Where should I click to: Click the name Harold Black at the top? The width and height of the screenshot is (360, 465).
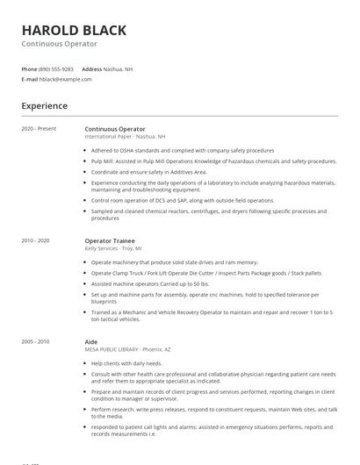(74, 31)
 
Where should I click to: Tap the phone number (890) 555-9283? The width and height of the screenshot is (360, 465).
(56, 68)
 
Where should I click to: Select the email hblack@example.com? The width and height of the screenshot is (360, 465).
(65, 79)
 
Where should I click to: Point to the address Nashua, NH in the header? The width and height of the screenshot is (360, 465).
(119, 68)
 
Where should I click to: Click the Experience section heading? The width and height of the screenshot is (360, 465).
(44, 106)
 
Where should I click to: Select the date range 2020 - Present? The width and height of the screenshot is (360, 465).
(39, 129)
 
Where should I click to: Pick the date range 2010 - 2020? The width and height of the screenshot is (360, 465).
(35, 240)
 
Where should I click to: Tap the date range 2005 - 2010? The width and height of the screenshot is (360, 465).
(35, 341)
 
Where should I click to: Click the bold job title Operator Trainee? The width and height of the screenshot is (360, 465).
(109, 240)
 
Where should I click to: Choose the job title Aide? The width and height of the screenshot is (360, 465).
(91, 341)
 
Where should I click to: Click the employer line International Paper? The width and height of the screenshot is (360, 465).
(125, 137)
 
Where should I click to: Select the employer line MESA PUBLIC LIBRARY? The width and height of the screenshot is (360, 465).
(128, 349)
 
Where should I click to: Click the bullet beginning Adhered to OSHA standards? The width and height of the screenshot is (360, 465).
(183, 151)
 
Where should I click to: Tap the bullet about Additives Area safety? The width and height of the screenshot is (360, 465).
(148, 172)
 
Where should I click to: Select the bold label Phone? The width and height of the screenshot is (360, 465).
(29, 68)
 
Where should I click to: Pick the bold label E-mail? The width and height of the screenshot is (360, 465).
(29, 79)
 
